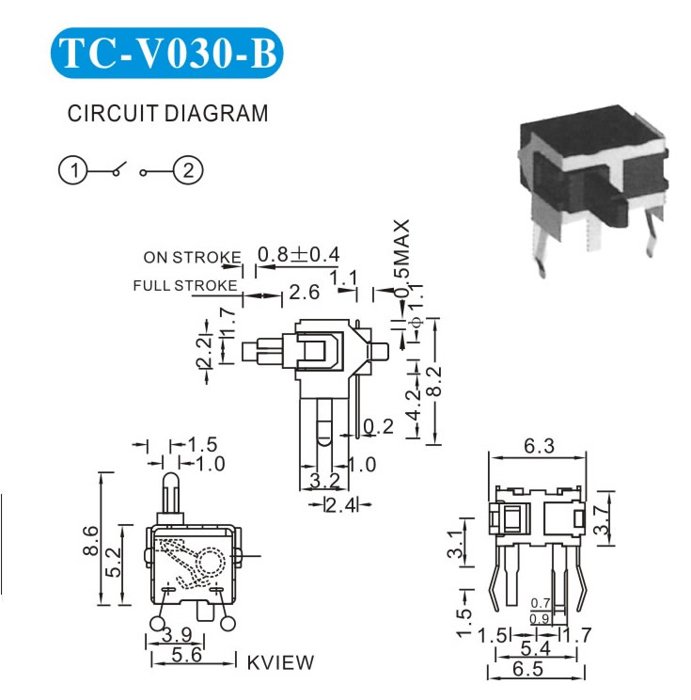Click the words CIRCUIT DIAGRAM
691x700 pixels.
pyautogui.click(x=168, y=114)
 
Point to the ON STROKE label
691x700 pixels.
pyautogui.click(x=192, y=257)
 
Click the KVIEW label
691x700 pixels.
pyautogui.click(x=281, y=662)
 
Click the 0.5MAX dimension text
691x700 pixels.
pyautogui.click(x=402, y=258)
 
